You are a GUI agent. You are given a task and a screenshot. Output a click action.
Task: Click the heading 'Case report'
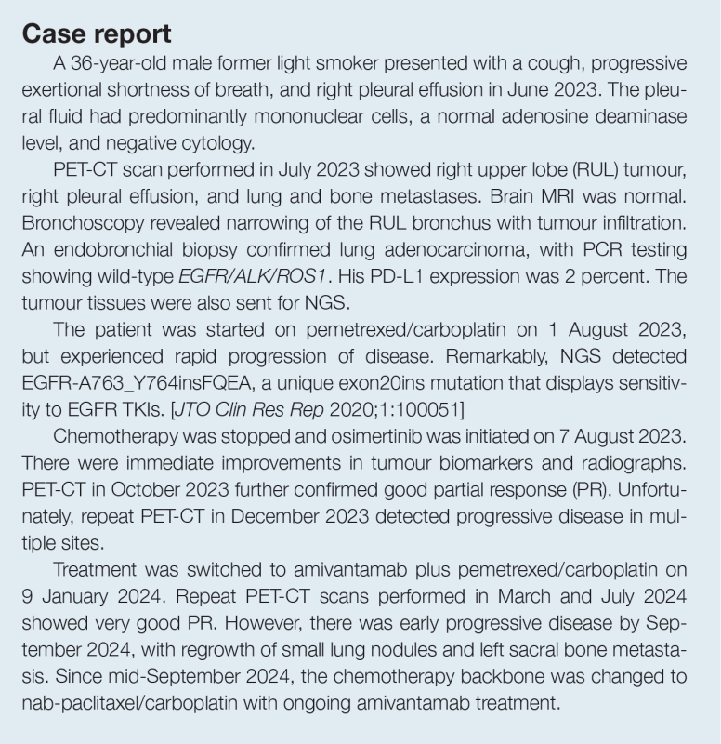[97, 34]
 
